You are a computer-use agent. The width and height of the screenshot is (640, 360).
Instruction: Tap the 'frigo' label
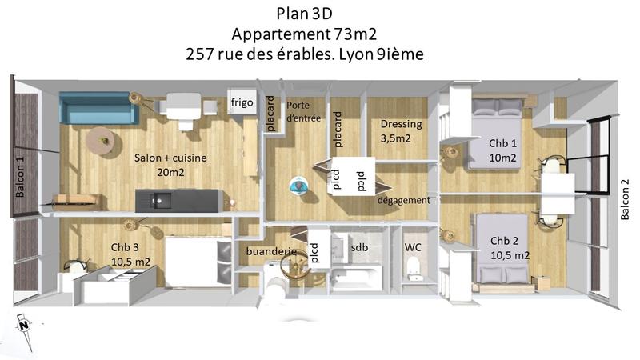242,102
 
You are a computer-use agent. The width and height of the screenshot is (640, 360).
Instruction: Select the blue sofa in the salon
99,108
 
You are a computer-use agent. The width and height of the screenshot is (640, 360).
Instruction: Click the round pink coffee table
102,141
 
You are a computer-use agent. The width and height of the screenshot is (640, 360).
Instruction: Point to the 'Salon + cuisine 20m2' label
170,166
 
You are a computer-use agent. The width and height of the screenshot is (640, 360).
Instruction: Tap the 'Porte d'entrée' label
299,112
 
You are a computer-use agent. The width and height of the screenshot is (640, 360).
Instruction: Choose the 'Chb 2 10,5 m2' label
509,247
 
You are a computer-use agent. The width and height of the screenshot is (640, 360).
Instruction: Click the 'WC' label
413,247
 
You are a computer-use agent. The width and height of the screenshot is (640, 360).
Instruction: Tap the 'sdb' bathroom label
360,249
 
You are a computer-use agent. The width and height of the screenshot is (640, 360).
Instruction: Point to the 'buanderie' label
271,251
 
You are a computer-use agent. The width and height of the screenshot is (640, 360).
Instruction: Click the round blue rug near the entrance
299,186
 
